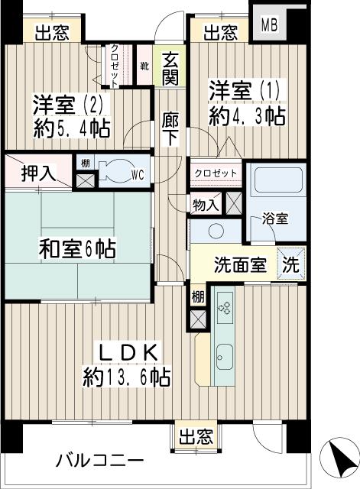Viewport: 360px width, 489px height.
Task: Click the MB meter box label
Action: point(270,24)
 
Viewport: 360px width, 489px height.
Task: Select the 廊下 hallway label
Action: point(170,127)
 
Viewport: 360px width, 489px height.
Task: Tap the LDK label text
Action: point(128,352)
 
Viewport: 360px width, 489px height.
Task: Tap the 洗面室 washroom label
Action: point(239,265)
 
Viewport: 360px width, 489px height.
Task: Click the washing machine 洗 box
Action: point(292,264)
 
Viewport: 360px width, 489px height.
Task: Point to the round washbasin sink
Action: point(216,232)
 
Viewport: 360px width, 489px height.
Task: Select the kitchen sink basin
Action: point(225,355)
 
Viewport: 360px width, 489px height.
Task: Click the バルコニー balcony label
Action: point(99,461)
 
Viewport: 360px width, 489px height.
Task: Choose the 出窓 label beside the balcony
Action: point(196,437)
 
